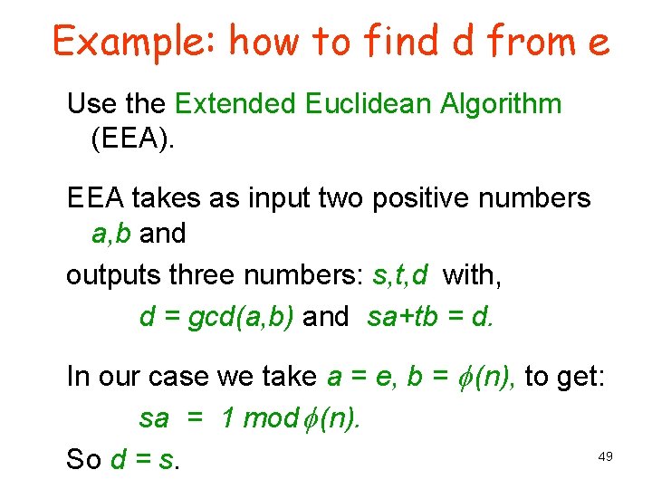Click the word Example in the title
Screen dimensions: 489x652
point(133,42)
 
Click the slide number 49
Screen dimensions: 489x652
point(606,456)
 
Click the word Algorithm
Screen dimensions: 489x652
point(499,104)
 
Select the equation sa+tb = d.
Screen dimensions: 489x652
point(431,316)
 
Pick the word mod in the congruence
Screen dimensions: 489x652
point(271,417)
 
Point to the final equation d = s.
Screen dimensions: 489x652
point(145,459)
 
